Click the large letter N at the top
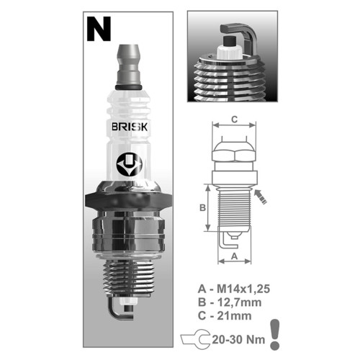[x=99, y=29]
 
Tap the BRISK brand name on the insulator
[x=130, y=127]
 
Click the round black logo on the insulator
[x=130, y=164]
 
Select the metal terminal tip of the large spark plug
[x=128, y=65]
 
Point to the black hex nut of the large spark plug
[x=128, y=200]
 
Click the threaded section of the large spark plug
[x=128, y=279]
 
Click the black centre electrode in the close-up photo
[x=230, y=41]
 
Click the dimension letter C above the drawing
[x=234, y=119]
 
